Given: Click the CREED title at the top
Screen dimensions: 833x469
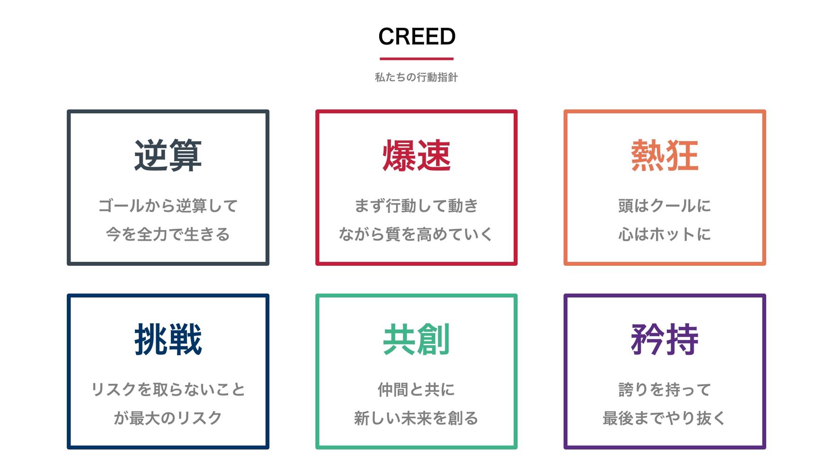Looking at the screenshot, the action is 416,36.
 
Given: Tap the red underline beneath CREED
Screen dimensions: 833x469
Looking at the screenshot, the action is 416,59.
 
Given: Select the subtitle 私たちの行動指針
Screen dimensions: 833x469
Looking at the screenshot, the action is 416,77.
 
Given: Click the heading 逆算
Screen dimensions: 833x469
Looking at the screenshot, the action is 168,155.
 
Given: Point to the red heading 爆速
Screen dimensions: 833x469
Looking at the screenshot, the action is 416,155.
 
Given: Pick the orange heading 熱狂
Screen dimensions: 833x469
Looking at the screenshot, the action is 665,155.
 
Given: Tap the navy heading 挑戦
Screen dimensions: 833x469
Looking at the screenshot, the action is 168,339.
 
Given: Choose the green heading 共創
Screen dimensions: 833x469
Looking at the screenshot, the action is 416,339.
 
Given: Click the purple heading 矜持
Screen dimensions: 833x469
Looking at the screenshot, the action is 665,339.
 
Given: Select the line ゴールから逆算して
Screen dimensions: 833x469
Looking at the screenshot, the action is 168,206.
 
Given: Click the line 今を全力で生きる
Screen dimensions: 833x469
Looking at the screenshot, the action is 168,234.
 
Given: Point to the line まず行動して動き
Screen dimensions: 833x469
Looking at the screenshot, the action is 416,206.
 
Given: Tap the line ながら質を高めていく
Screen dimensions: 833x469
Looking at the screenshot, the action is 416,234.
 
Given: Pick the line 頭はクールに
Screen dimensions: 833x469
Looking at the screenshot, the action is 665,206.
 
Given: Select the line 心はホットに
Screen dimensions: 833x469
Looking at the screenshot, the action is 665,234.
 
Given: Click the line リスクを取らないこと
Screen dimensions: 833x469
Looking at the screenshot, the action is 168,389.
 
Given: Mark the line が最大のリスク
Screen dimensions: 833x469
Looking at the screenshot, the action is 168,418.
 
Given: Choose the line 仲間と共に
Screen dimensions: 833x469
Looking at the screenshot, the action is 416,389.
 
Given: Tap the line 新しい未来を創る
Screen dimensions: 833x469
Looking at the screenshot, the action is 416,418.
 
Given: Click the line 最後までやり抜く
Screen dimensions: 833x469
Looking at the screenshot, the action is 665,418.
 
